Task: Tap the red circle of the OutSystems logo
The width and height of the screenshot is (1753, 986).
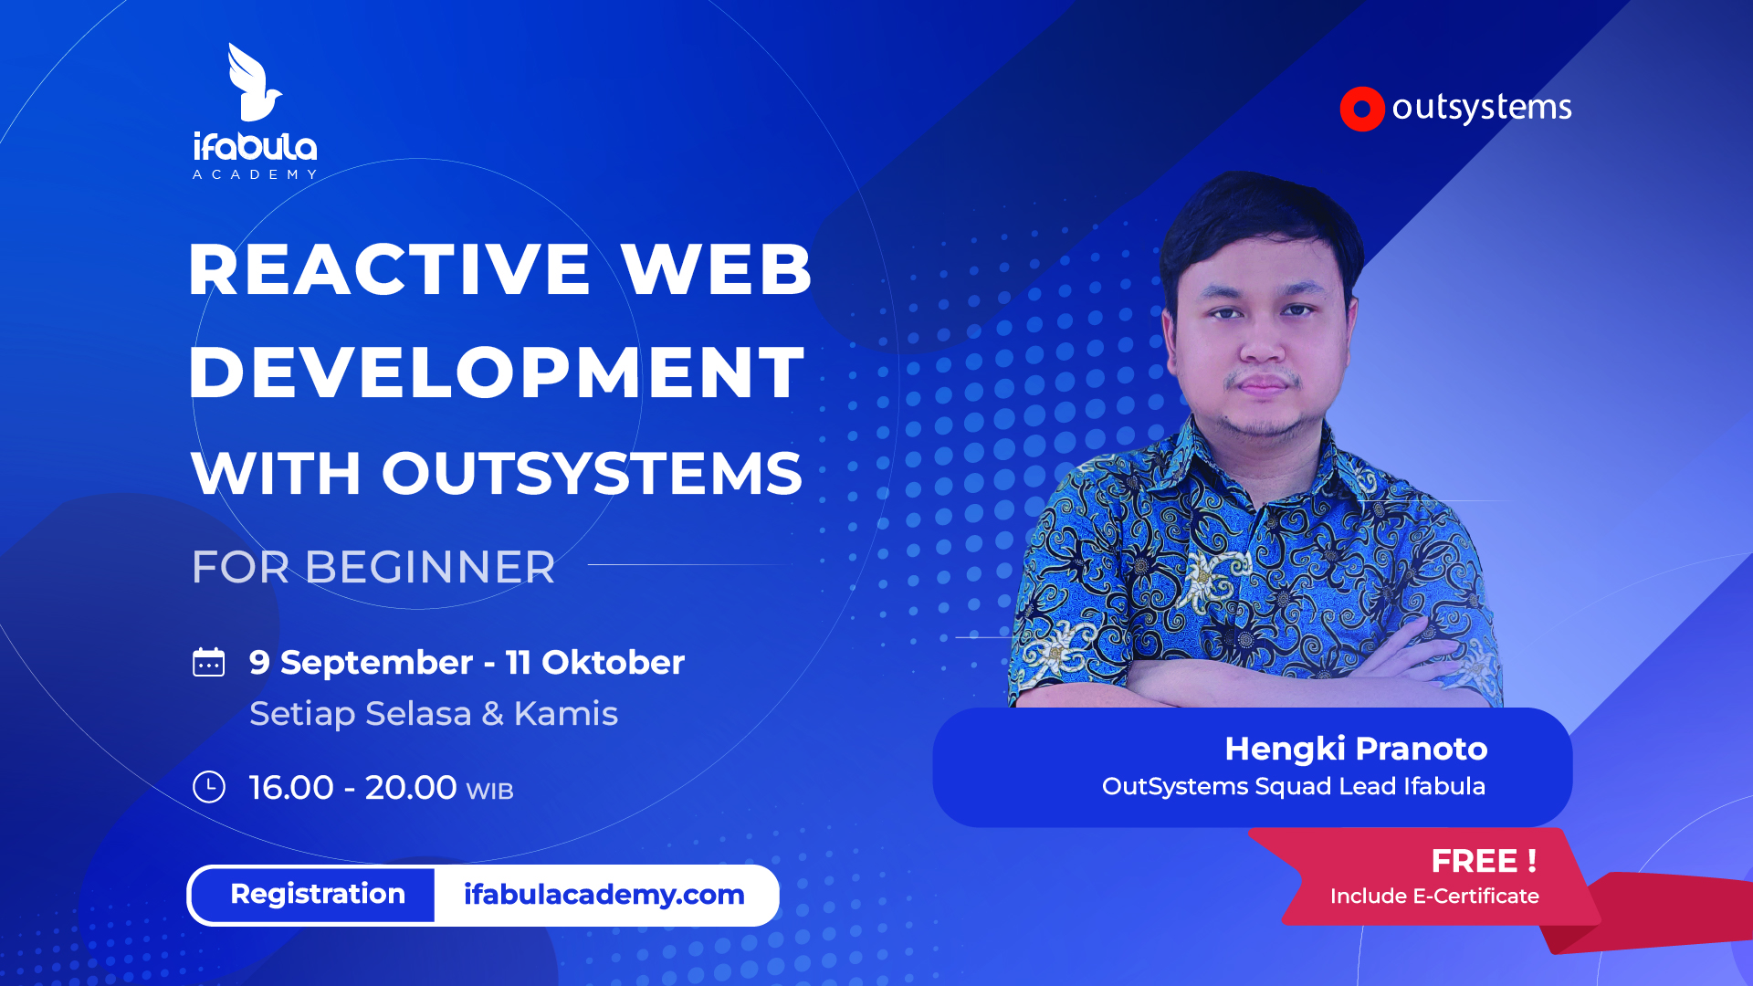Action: tap(1362, 110)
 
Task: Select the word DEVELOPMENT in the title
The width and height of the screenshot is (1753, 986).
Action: tap(497, 372)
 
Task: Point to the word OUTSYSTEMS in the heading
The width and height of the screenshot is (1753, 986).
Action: tap(592, 473)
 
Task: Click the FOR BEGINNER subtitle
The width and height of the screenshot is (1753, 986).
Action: tap(373, 567)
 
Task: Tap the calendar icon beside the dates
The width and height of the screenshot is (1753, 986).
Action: tap(209, 662)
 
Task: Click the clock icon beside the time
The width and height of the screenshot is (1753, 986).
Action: tap(209, 787)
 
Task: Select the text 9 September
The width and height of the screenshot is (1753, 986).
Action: tap(361, 663)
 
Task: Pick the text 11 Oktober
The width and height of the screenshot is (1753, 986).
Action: tap(595, 662)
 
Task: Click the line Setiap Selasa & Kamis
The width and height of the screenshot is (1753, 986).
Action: tap(434, 714)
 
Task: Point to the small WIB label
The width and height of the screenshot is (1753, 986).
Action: tap(490, 791)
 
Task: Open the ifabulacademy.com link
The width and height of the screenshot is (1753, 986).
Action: tap(604, 895)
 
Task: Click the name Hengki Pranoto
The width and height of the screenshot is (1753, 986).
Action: tap(1356, 749)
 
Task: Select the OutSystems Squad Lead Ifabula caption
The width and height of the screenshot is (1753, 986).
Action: tap(1294, 786)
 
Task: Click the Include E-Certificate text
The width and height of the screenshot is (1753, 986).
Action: tap(1434, 897)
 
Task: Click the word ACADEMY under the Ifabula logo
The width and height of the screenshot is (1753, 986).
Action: tap(255, 174)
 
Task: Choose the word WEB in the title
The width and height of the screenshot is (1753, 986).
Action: tap(717, 269)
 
